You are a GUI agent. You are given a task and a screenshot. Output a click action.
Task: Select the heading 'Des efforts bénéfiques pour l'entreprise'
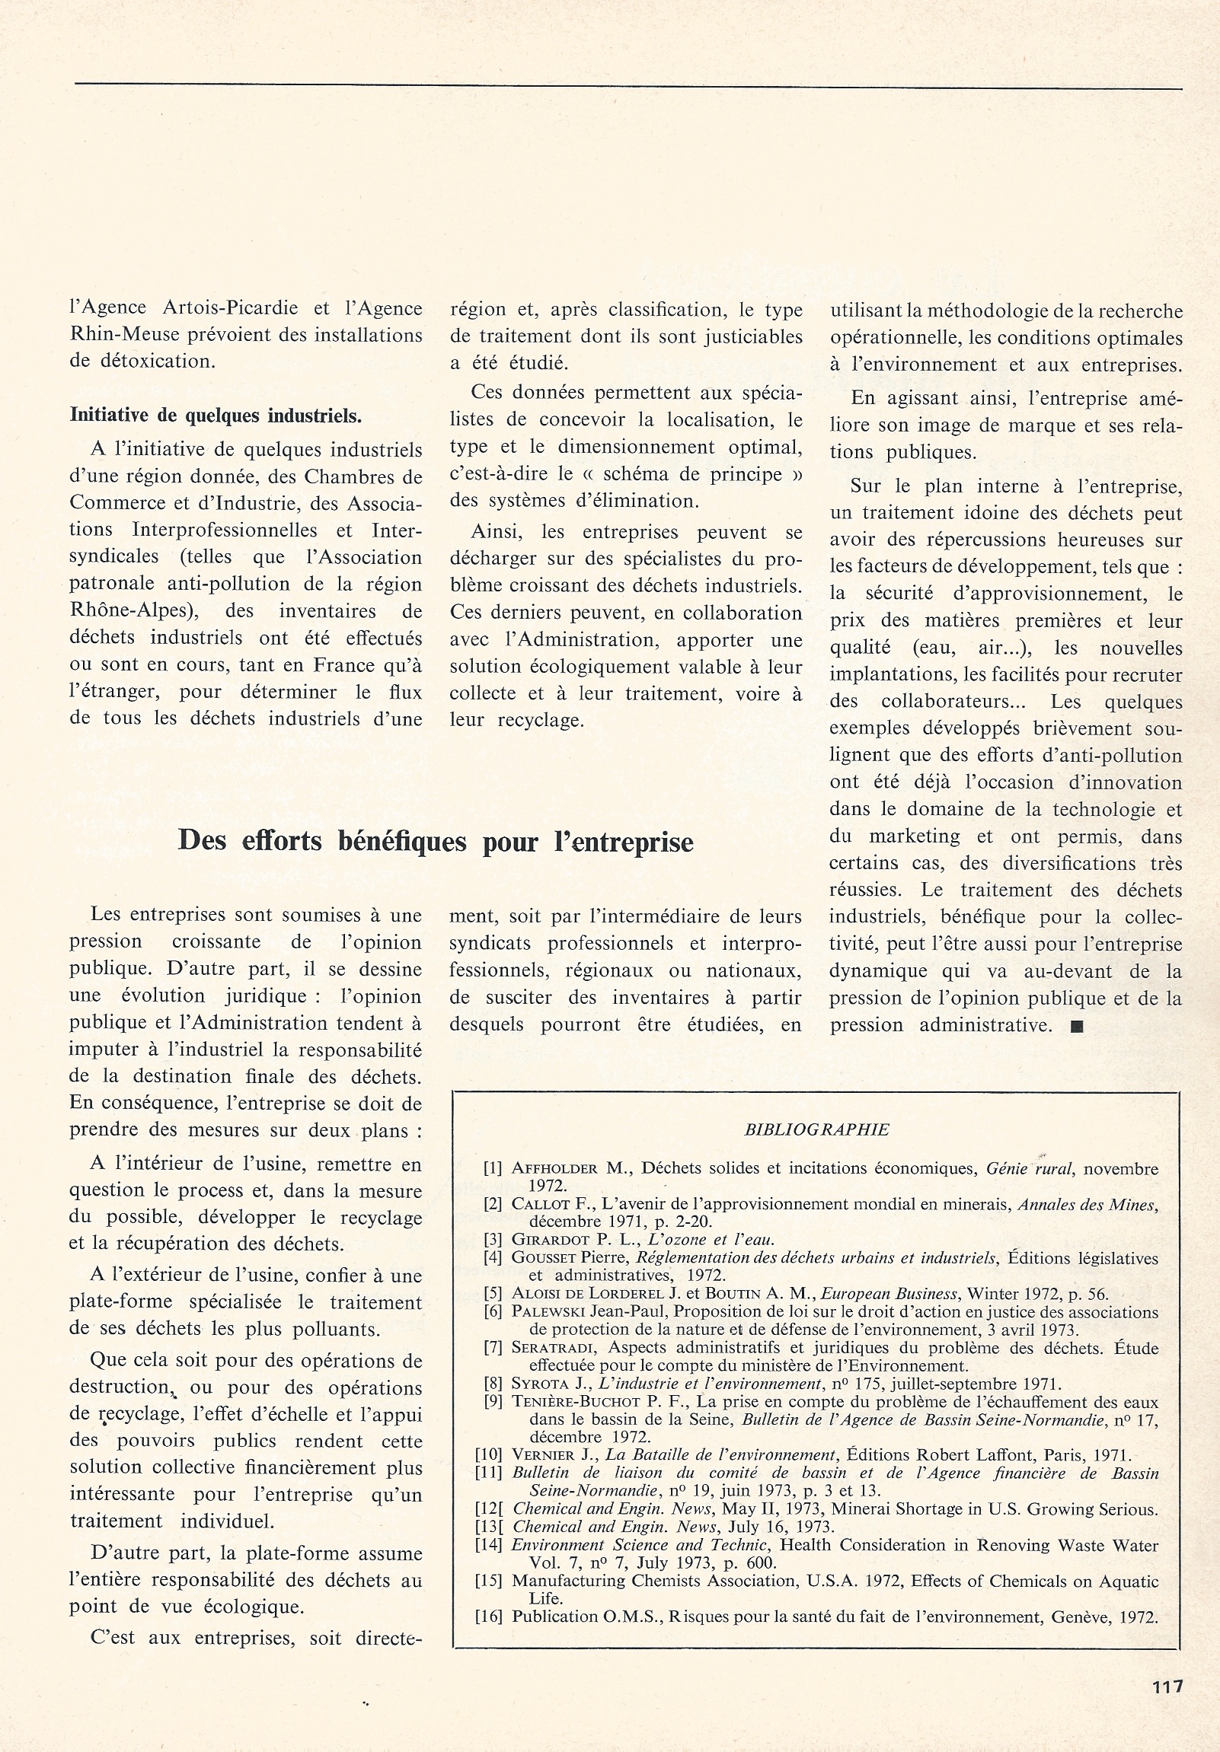point(435,841)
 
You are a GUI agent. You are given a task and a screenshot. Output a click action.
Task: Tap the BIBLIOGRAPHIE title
point(816,1129)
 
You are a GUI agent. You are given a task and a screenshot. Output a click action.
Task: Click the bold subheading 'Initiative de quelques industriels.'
point(216,416)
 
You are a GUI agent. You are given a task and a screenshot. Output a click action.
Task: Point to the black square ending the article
point(1077,1027)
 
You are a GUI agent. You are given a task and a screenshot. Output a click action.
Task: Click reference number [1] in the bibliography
point(493,1168)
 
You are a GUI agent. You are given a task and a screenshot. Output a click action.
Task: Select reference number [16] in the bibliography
point(489,1617)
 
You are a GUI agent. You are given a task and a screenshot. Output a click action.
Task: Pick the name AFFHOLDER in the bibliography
point(554,1168)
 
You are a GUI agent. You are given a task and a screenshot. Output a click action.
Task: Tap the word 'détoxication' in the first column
point(158,361)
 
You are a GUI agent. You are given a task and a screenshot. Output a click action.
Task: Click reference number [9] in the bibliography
point(493,1402)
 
